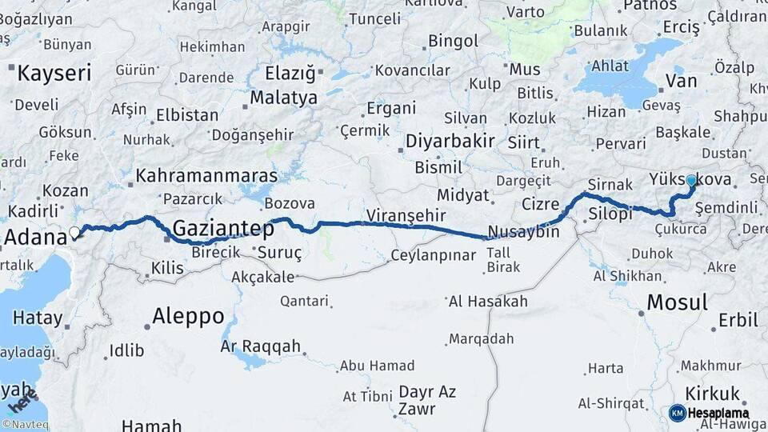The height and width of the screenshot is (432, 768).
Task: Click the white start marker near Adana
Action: point(75,233)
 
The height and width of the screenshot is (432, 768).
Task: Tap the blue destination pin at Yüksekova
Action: point(691,182)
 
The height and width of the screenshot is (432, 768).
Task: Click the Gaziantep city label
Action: point(223,228)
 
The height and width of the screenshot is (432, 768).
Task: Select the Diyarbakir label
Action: point(450,142)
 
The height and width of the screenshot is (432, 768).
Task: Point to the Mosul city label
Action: point(677,302)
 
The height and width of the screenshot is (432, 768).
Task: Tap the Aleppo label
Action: point(189,315)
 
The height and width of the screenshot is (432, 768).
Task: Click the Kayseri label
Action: point(54,74)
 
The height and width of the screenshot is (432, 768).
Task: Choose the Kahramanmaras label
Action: point(206,175)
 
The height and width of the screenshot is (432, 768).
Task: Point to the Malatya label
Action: point(283,98)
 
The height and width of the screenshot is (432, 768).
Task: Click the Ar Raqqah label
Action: point(261,346)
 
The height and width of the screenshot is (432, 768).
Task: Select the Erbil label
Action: point(738,320)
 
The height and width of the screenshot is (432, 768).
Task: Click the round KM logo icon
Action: point(677,413)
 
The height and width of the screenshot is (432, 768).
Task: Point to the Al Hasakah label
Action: point(488,302)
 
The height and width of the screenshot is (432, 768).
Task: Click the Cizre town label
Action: point(540,203)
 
